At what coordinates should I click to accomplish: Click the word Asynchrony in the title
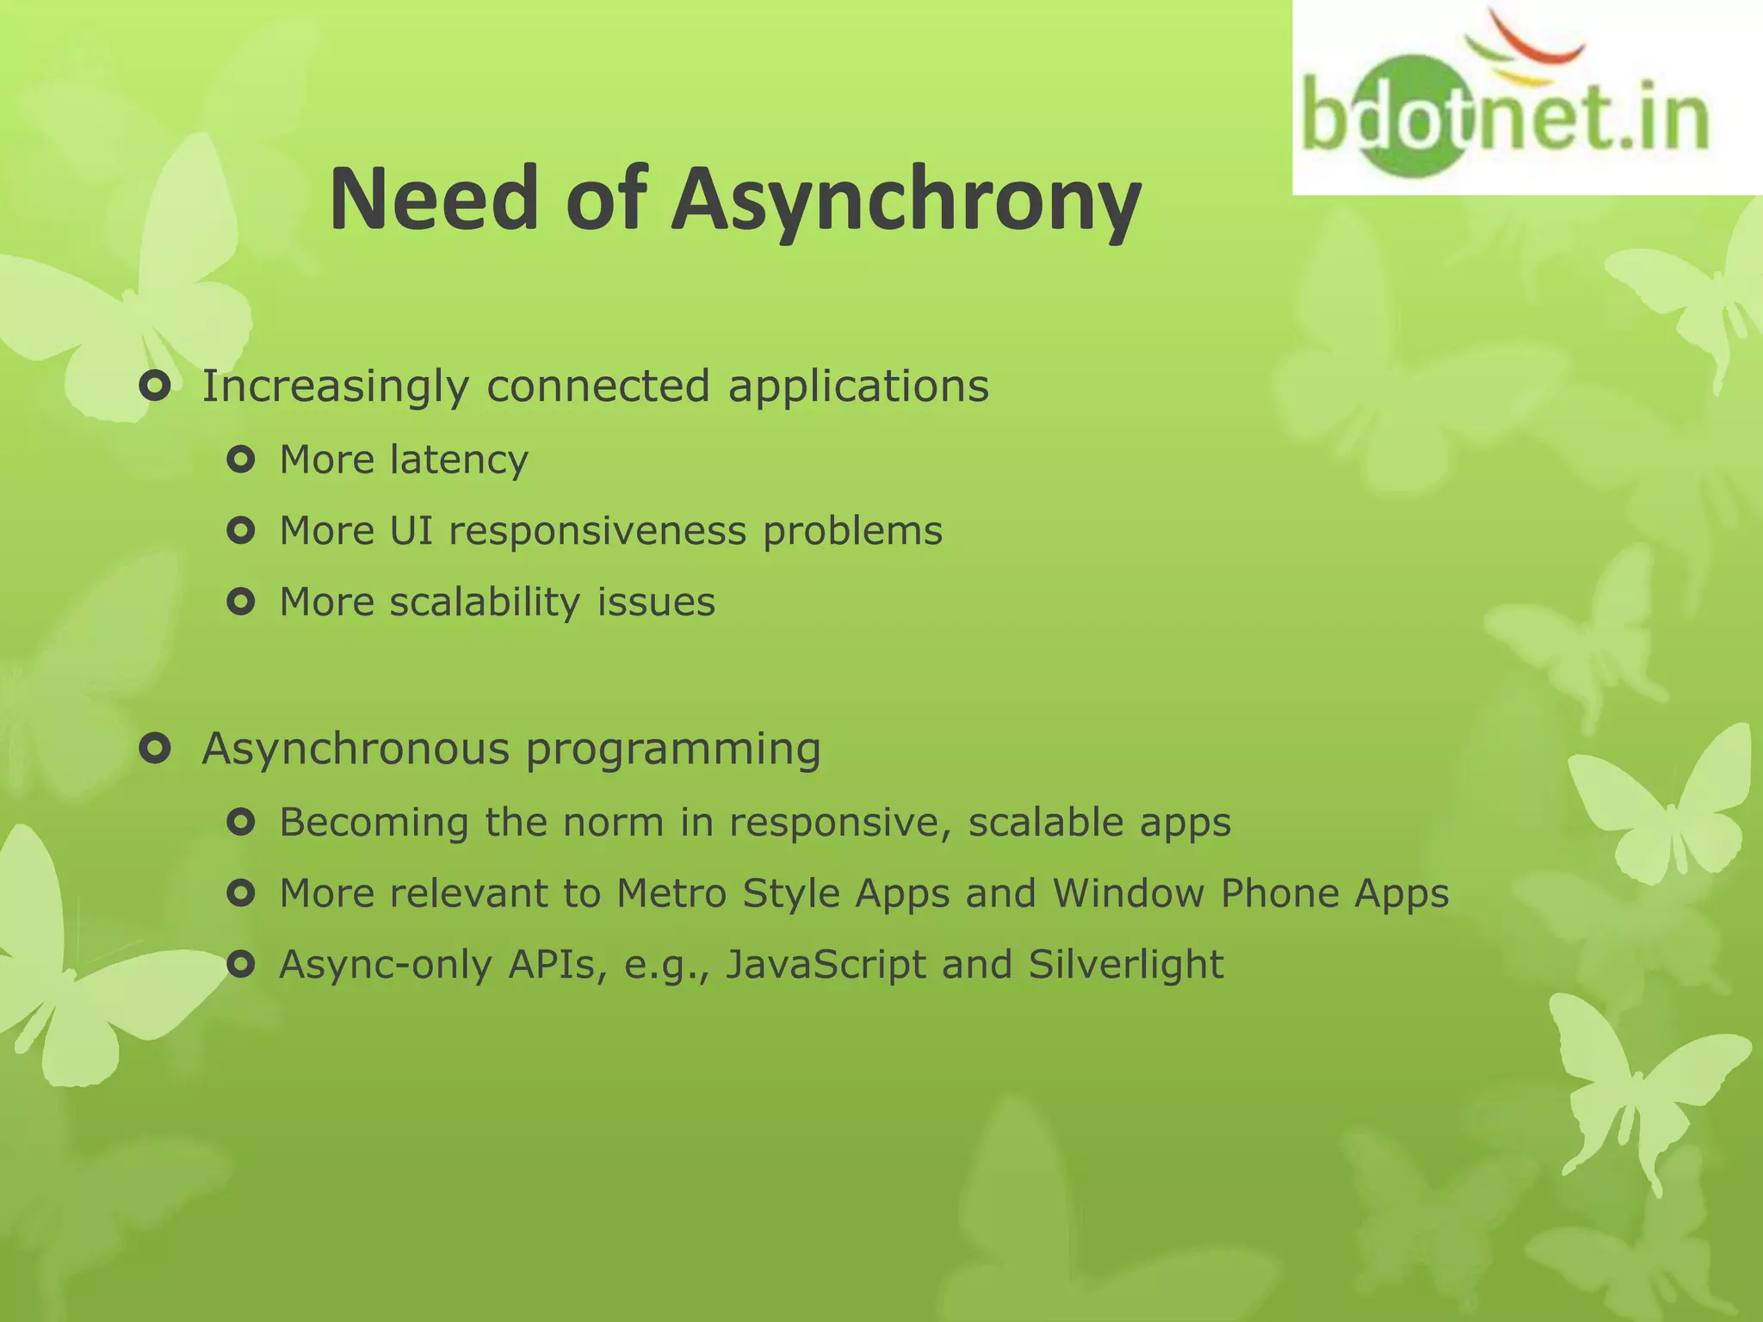[906, 201]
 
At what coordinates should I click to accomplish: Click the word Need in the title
[434, 201]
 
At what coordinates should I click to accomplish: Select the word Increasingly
[335, 386]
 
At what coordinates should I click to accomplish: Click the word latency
[459, 460]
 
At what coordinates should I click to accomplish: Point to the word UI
[411, 531]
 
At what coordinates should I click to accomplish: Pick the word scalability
[485, 602]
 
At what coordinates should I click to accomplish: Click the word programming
[673, 750]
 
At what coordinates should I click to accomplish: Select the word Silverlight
[1125, 964]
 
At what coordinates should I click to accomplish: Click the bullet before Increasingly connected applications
[156, 387]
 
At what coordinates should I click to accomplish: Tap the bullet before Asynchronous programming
[156, 750]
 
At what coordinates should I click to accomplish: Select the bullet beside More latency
[241, 460]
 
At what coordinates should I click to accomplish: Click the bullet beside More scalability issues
[241, 602]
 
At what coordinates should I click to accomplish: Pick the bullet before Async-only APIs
[241, 965]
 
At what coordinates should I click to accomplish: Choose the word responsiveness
[597, 531]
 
